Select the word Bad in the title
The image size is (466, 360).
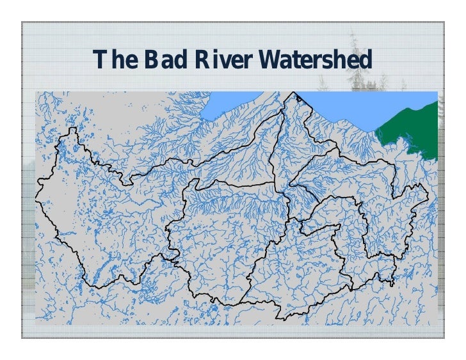tap(165, 61)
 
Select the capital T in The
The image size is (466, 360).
tap(99, 61)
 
